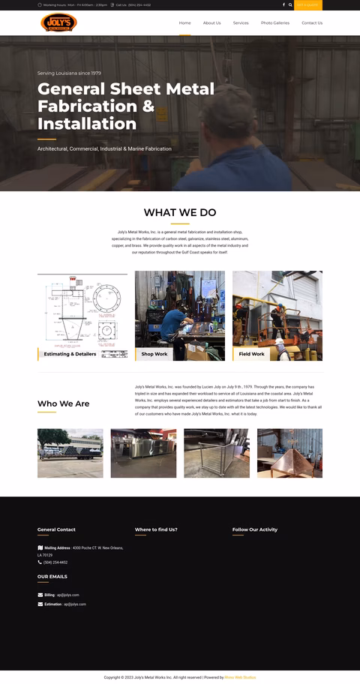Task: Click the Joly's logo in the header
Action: [58, 22]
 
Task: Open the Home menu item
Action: [184, 23]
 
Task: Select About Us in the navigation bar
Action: [211, 23]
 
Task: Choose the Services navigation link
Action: [241, 23]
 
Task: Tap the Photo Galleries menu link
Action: [275, 23]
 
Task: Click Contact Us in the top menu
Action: [312, 23]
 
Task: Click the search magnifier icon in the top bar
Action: [290, 4]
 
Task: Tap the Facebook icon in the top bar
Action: [283, 4]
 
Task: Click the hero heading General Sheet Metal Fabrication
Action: [126, 106]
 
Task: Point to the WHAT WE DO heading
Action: [180, 213]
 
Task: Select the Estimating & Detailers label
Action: [70, 354]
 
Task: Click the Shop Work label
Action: [154, 354]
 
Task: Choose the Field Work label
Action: [251, 354]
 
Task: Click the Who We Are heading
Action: [64, 403]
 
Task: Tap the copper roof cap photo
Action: [289, 453]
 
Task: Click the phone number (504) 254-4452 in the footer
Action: [55, 562]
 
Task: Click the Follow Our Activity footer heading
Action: [255, 529]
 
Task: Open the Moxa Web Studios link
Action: [240, 677]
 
